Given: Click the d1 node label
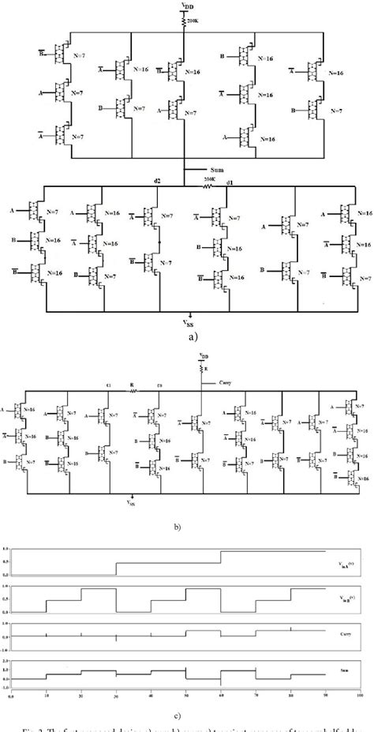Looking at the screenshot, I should coord(229,182).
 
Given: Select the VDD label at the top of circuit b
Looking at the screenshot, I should coord(204,356).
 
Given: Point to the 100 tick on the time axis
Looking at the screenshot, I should coord(359,696).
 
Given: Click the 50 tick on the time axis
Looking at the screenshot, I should coord(185,696).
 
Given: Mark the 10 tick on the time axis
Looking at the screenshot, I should coord(46,696).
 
